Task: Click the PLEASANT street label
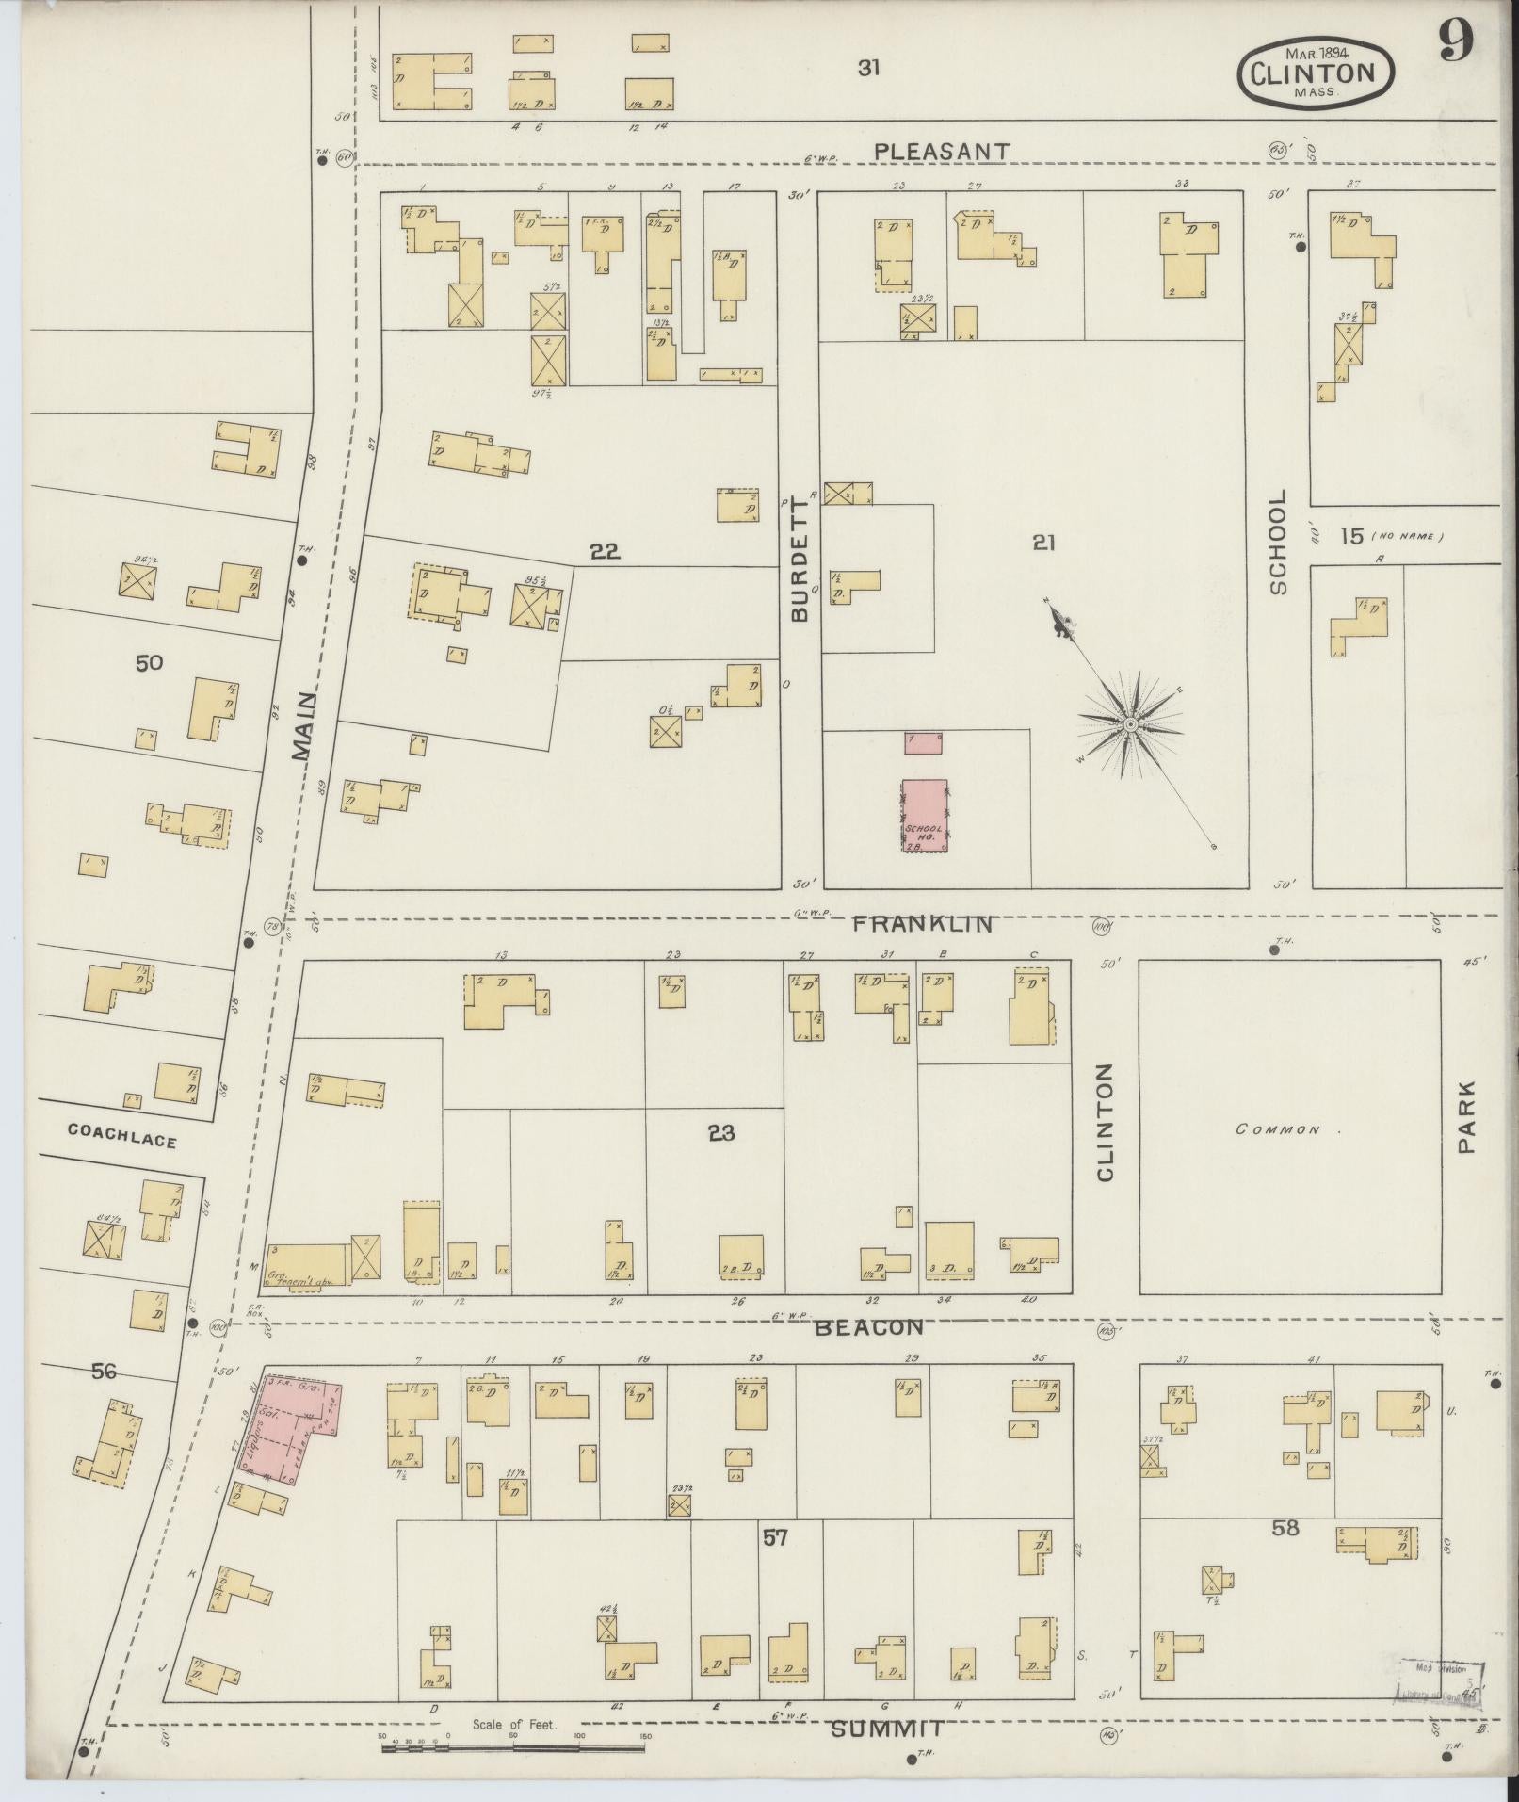[x=941, y=151]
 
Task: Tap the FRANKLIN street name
[x=922, y=924]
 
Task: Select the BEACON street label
[x=868, y=1327]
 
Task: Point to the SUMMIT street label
[x=888, y=1729]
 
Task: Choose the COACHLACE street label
[x=121, y=1142]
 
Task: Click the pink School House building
[x=925, y=816]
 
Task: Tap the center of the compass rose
[x=1129, y=724]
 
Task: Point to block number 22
[x=605, y=552]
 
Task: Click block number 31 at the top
[x=868, y=68]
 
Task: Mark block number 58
[x=1285, y=1528]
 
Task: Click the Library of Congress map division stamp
[x=1441, y=1680]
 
